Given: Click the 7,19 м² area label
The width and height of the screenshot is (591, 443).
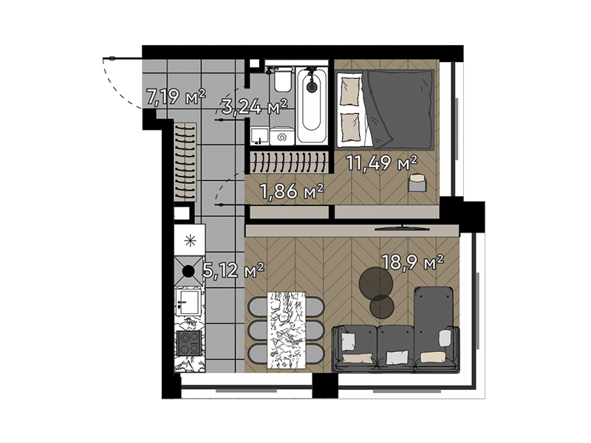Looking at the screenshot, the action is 176,97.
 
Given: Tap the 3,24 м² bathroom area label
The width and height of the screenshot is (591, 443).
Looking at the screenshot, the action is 255,106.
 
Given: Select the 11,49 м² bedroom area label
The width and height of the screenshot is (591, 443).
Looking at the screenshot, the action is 382,162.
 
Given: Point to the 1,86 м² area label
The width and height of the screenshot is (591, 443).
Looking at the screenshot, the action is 292,191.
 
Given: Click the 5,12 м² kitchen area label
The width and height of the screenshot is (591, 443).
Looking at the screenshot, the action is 233,270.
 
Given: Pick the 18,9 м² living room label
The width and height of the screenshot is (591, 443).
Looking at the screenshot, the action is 412,262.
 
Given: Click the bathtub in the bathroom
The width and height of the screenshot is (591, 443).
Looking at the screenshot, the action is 311,105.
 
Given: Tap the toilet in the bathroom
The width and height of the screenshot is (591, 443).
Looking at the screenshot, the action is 282,79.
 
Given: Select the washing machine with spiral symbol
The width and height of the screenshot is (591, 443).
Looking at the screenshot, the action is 282,136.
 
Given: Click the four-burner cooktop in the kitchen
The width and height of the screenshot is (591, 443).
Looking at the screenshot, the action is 190,343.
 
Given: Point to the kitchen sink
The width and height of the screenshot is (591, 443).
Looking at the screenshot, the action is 189,302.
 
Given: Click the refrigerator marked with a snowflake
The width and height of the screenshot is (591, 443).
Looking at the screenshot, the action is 190,240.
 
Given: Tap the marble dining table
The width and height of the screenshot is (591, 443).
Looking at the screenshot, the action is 286,330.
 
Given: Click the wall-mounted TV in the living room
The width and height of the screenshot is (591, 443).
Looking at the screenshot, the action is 402,228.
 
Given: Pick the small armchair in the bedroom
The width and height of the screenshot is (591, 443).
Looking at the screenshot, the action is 417,182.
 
